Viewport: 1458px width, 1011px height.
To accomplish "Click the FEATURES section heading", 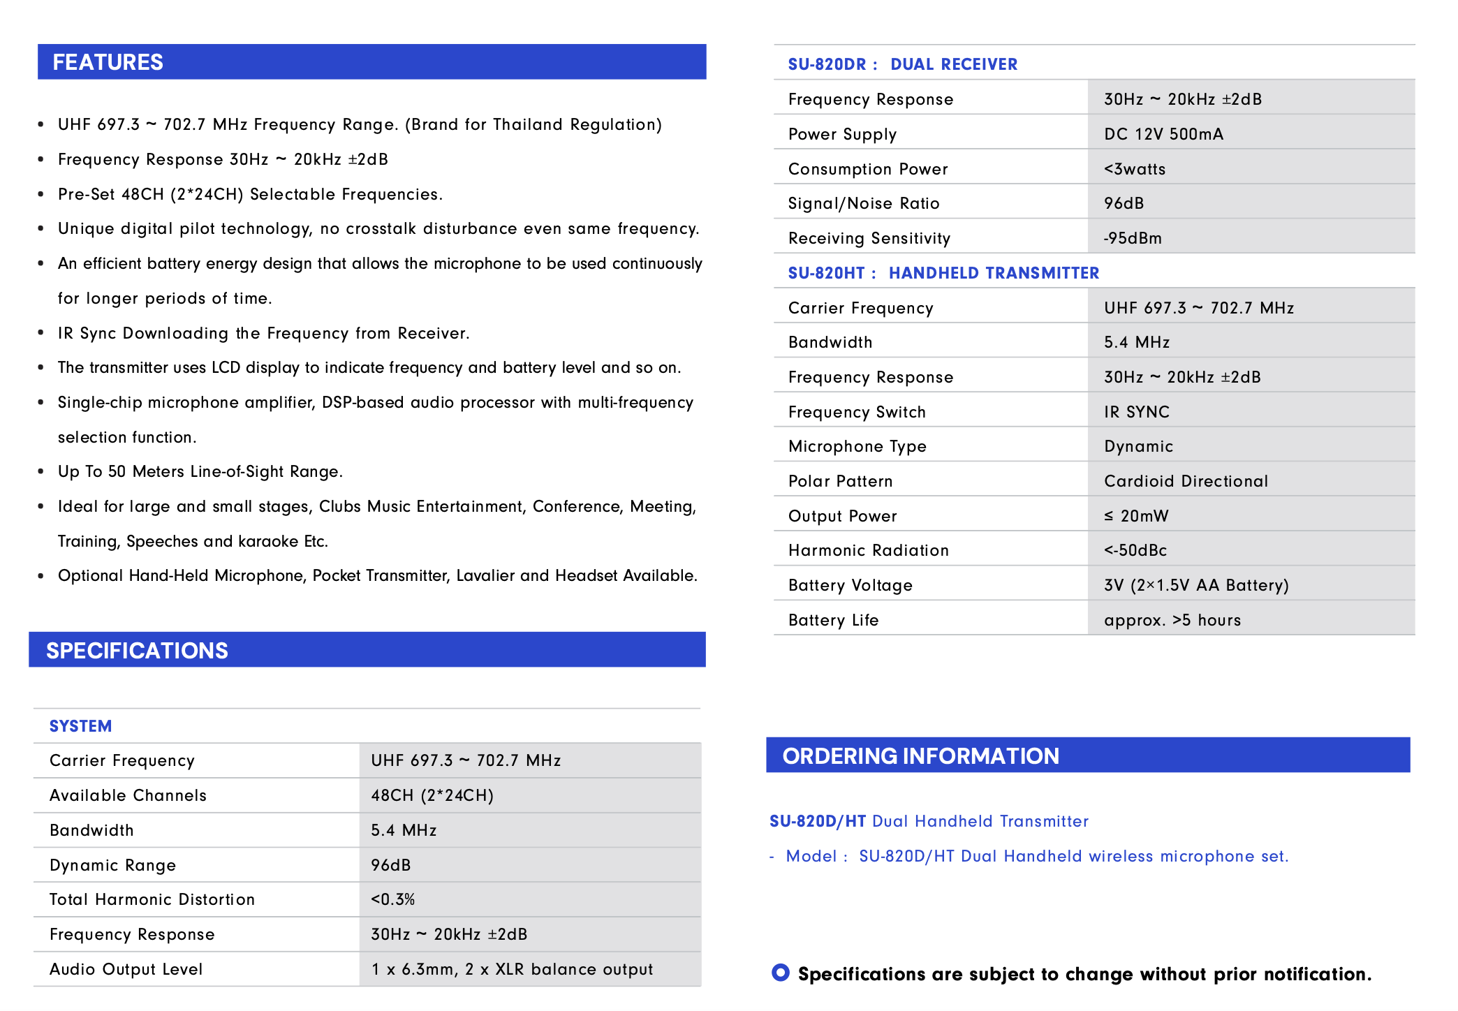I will click(x=108, y=62).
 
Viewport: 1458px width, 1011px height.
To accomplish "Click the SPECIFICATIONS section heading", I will click(x=137, y=651).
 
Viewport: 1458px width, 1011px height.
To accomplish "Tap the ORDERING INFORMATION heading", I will click(x=920, y=756).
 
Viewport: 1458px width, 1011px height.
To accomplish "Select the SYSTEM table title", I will click(x=80, y=726).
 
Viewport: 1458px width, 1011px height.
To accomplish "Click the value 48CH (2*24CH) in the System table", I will click(x=432, y=795).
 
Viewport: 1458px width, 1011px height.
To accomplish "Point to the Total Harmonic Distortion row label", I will click(x=152, y=899).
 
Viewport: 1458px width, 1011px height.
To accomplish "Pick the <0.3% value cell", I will click(x=393, y=899).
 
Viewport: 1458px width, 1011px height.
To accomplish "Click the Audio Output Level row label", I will click(x=126, y=969).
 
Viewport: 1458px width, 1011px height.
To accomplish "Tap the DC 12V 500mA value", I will click(x=1163, y=134).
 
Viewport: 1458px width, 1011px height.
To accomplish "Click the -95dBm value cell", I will click(x=1133, y=238).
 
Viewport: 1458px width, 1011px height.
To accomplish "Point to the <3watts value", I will click(x=1135, y=169).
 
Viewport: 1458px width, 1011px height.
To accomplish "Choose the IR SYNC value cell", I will click(x=1137, y=412).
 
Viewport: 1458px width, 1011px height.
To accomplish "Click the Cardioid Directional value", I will click(x=1186, y=481).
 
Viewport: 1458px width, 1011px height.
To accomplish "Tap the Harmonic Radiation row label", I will click(x=869, y=550).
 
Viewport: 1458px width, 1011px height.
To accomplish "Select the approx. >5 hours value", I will click(x=1172, y=620).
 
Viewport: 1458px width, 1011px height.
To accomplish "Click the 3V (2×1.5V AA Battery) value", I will click(x=1196, y=585).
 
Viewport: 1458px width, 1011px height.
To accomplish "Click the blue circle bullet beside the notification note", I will click(x=781, y=973).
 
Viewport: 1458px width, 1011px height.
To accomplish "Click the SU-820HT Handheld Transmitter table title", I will click(x=943, y=273).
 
